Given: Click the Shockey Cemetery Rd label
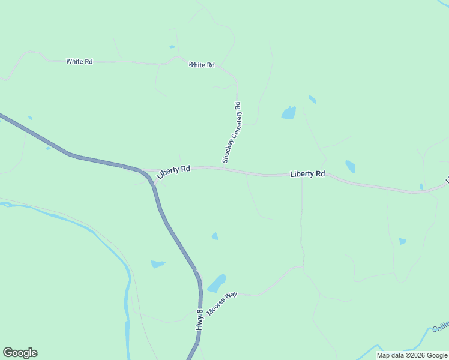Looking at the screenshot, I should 231,133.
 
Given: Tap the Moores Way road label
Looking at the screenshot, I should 222,302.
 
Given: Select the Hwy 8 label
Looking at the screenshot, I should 200,319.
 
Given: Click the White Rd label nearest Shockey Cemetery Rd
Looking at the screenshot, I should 202,64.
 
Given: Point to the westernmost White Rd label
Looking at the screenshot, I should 79,61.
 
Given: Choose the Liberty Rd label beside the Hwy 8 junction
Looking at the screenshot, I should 175,170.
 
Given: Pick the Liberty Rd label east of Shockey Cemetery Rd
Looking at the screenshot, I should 307,174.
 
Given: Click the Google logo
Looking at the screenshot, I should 20,353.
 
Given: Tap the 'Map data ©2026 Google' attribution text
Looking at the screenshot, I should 412,355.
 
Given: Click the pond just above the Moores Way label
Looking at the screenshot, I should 217,283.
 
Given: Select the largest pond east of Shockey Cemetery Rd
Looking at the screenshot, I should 289,113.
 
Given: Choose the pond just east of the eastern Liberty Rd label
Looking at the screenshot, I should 350,166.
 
